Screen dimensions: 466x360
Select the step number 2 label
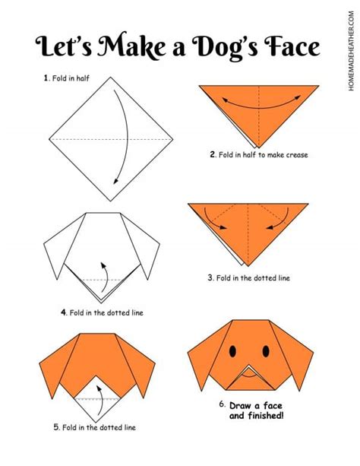click(213, 154)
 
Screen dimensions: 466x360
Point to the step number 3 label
click(210, 278)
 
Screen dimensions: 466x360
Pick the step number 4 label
click(65, 312)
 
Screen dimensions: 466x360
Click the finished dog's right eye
click(266, 350)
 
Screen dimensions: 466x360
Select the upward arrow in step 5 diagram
click(97, 392)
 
